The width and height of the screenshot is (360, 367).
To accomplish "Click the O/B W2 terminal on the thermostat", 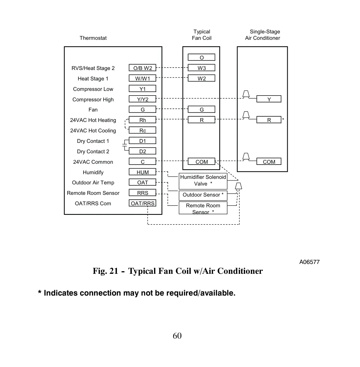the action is coord(142,68).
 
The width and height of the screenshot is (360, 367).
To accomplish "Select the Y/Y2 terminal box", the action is coord(142,99).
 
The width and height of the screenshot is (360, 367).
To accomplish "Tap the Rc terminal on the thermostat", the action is coord(142,130).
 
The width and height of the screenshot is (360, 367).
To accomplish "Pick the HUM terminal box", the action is coord(142,172).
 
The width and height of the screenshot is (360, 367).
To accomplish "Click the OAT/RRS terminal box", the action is coord(142,203).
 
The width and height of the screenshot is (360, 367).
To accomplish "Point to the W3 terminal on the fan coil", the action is coord(201,68).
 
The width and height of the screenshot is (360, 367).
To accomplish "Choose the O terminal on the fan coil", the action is coord(201,57).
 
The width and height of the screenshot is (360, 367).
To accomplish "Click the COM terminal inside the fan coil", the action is coord(201,161).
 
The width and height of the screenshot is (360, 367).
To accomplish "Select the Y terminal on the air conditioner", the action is coord(269,99).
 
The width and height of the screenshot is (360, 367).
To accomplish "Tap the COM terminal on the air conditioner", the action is coord(269,161).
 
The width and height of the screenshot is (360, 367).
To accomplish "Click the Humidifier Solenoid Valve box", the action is coord(203,181).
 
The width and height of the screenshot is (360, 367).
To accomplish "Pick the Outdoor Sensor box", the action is coord(203,196).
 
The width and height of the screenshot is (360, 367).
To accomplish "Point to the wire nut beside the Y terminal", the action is coord(246,94).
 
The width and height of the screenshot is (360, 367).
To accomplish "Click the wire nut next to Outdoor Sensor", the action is coord(238,186).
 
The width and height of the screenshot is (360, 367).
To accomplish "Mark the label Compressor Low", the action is coord(93,89).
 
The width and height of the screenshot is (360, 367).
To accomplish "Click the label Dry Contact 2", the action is coord(93,152).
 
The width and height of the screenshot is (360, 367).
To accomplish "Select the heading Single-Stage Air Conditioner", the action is coord(263,35).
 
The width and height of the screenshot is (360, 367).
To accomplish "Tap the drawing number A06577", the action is coord(309,262).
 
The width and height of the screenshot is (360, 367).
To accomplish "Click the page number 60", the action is coord(177,336).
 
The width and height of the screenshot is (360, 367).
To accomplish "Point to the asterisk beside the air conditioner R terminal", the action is coord(283,119).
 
